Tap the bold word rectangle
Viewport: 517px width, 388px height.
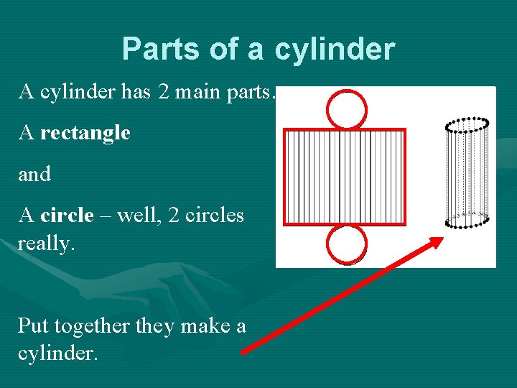point(85,133)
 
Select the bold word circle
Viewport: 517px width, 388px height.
point(67,215)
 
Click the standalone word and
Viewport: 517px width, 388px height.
point(34,175)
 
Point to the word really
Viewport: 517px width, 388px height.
point(46,244)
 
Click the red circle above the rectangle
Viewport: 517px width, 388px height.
point(346,109)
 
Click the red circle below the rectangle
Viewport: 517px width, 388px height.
point(346,244)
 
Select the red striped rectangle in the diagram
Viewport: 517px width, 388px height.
point(345,176)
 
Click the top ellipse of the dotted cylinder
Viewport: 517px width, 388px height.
point(467,125)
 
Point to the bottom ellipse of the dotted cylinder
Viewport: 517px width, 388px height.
point(467,220)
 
